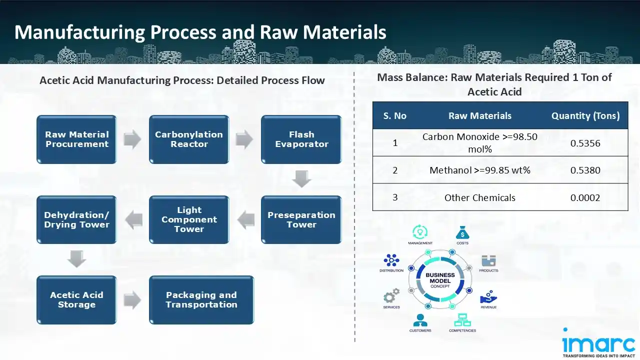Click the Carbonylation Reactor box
189,139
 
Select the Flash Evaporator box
301,139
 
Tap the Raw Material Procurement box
76,139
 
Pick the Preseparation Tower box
301,219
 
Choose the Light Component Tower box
189,219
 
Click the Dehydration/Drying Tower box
76,219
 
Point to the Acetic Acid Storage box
76,299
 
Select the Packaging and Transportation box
201,299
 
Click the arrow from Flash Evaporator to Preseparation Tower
301,179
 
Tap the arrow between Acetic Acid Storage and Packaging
132,300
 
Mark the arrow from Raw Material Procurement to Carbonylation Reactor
132,140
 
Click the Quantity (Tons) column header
585,116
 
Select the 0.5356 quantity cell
585,143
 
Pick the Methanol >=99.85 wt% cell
480,170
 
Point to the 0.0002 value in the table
585,197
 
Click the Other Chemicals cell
480,197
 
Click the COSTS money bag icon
462,232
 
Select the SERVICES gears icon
391,295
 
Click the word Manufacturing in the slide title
79,32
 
